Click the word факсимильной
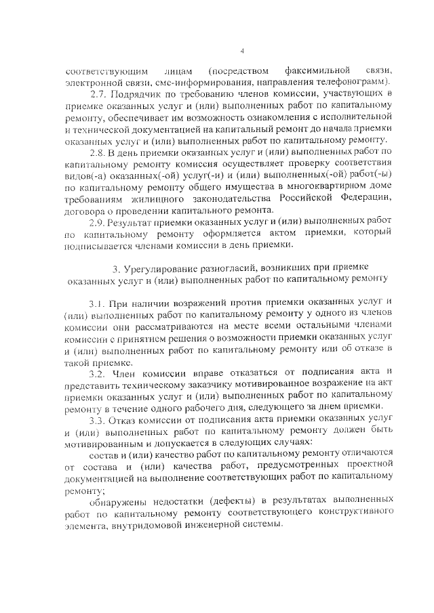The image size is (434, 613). click(318, 70)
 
